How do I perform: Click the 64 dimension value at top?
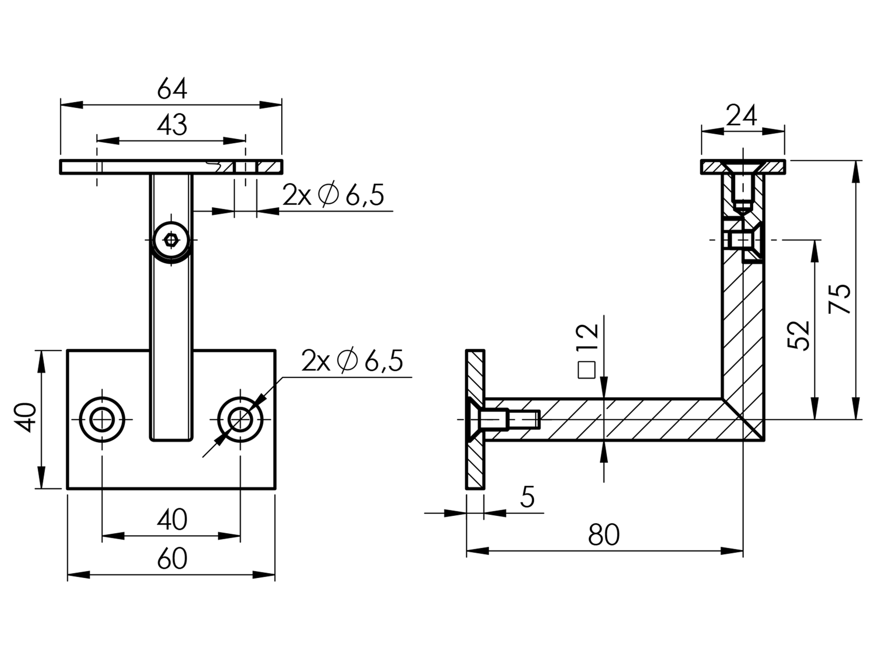172,89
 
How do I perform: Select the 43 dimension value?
172,125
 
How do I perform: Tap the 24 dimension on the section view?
742,116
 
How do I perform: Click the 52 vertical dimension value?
799,335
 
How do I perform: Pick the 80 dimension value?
604,535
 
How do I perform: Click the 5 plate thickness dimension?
528,497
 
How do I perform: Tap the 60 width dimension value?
172,559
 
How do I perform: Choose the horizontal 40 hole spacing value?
172,520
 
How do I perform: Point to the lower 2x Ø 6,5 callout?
352,361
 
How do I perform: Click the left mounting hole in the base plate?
102,419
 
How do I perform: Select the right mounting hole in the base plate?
240,419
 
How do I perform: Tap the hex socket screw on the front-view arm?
171,240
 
